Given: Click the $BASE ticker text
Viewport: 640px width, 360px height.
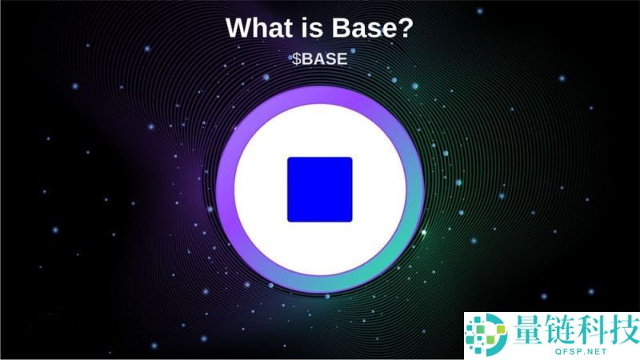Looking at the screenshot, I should (319, 58).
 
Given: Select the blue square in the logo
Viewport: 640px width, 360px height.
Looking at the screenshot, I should (320, 190).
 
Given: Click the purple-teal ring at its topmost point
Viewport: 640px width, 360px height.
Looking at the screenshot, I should (320, 94).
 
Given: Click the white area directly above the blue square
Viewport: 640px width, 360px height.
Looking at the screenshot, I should (320, 132).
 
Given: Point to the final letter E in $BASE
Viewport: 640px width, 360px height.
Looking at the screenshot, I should (342, 58).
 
